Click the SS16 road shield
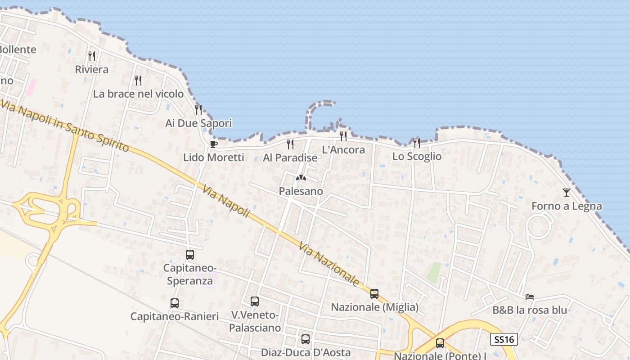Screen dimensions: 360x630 (x=504, y=339)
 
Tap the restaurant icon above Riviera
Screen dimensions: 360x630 (x=92, y=56)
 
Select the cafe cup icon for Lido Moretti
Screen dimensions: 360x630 (x=214, y=144)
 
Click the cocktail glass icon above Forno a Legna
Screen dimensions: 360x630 (x=567, y=193)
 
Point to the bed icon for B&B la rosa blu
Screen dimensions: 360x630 (x=530, y=297)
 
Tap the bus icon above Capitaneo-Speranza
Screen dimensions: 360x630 (x=190, y=255)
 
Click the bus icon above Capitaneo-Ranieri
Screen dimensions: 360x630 (x=175, y=303)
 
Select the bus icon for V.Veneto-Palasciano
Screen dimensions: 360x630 (x=255, y=301)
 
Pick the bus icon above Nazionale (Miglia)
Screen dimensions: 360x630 (x=374, y=294)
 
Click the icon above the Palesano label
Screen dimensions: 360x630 (x=301, y=178)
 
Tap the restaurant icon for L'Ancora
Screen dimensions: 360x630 (x=343, y=136)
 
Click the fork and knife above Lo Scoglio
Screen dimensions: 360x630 (x=417, y=143)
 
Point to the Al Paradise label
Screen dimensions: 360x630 (x=290, y=158)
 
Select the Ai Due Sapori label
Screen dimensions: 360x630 (x=198, y=123)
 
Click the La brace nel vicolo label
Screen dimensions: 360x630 (x=138, y=94)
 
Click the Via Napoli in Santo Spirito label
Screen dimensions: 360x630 (x=65, y=127)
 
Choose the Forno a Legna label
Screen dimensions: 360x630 (x=567, y=207)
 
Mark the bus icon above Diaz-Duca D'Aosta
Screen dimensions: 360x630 (x=306, y=339)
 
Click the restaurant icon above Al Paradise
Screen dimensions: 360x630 (x=290, y=144)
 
